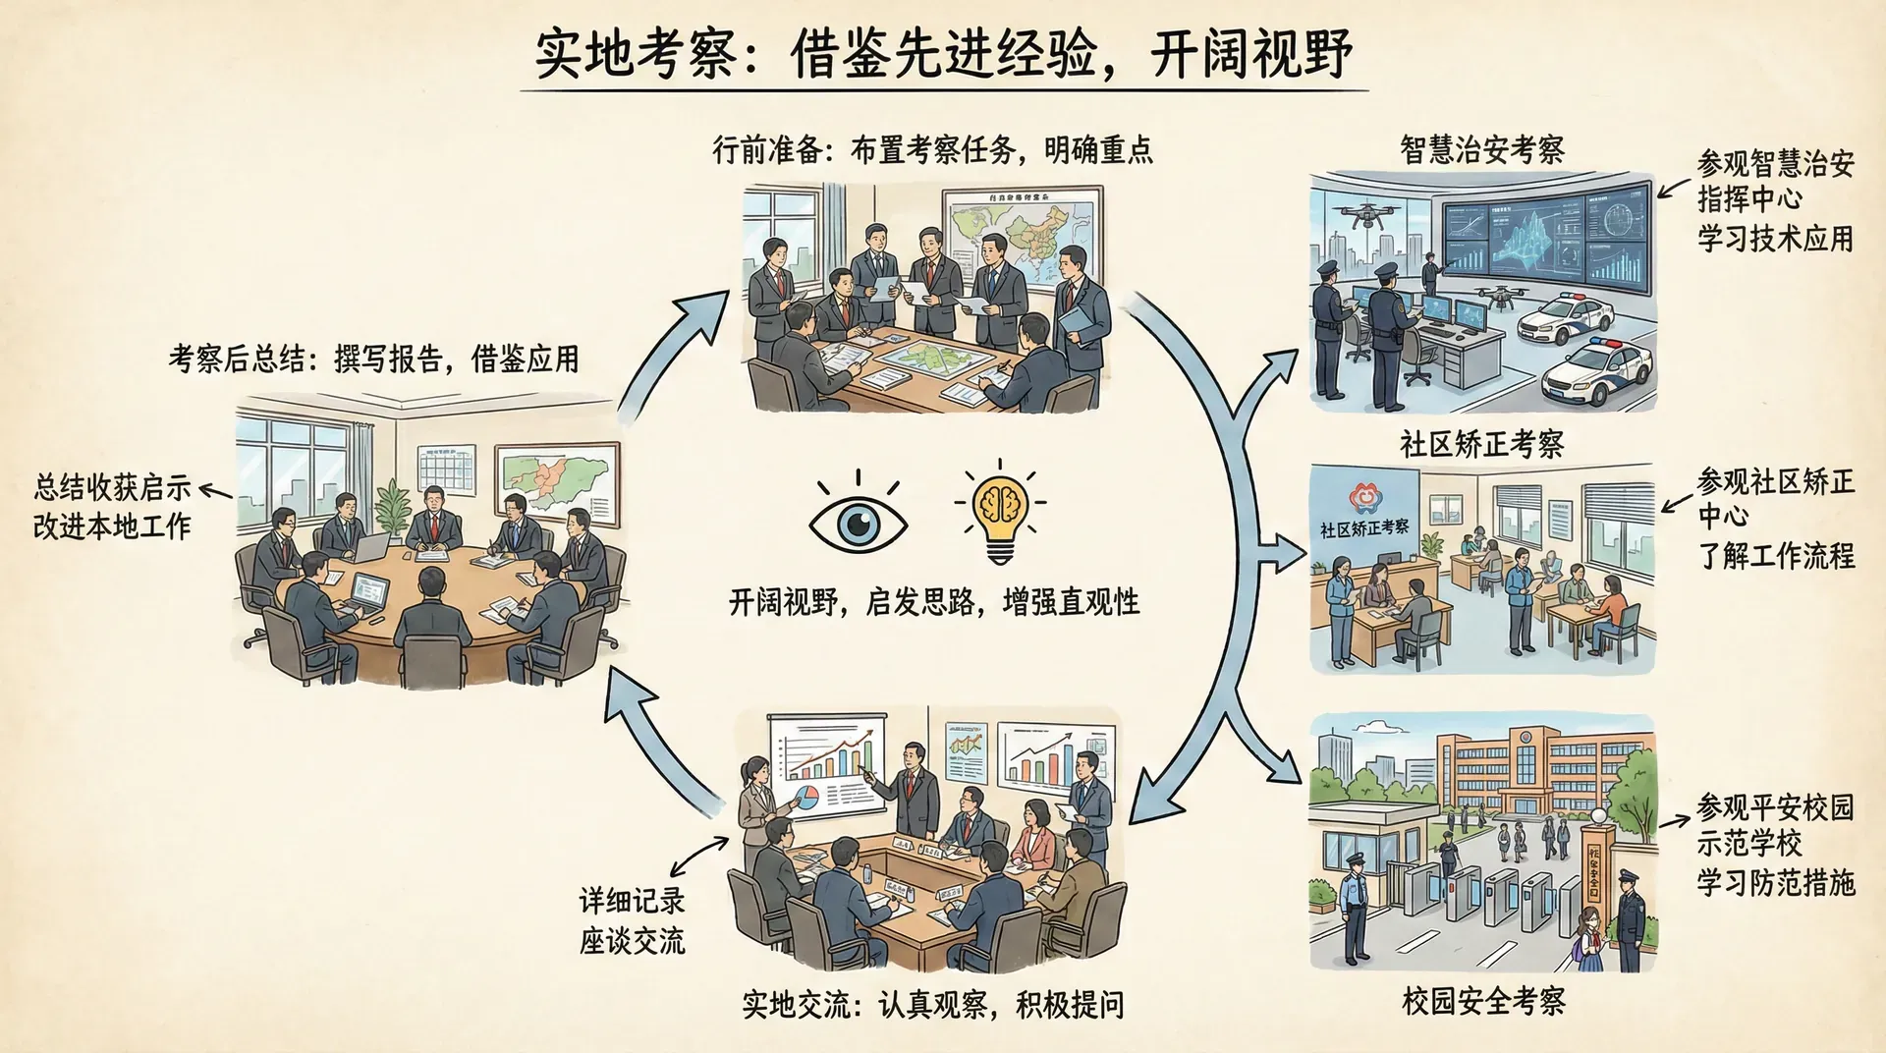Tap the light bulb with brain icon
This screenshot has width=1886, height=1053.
pos(999,513)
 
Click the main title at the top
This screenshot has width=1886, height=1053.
pos(943,53)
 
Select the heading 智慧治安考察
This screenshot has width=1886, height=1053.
pos(1481,150)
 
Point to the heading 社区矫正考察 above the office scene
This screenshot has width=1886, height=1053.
pos(1481,444)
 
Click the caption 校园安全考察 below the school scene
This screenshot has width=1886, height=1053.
pos(1483,1001)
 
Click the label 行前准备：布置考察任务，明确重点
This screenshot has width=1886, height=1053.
pos(932,150)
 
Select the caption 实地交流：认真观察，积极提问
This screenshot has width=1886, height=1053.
pos(932,1005)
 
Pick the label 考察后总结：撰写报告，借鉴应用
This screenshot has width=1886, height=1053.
pos(373,359)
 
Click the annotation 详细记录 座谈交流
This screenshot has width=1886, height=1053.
pos(632,920)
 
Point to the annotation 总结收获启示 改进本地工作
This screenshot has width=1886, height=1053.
pos(112,506)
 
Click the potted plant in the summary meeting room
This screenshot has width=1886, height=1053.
pos(394,505)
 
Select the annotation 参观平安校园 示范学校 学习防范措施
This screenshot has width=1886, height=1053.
pos(1775,845)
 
